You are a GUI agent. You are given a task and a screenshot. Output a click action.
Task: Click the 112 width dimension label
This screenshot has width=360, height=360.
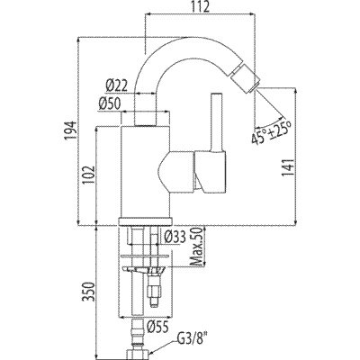tap(201, 6)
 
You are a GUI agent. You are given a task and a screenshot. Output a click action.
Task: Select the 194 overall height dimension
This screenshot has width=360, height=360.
tap(69, 130)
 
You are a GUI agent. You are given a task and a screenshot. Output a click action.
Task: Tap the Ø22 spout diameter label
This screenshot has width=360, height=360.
tap(116, 86)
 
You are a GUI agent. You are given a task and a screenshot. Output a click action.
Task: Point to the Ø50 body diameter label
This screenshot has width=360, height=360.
tap(109, 104)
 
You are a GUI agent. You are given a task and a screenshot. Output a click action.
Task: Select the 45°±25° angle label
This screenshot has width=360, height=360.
tap(272, 132)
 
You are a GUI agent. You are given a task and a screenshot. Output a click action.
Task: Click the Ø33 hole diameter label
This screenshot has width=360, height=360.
tap(175, 238)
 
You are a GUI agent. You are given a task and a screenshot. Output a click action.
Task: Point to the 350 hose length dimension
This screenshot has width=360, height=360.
tap(89, 292)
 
